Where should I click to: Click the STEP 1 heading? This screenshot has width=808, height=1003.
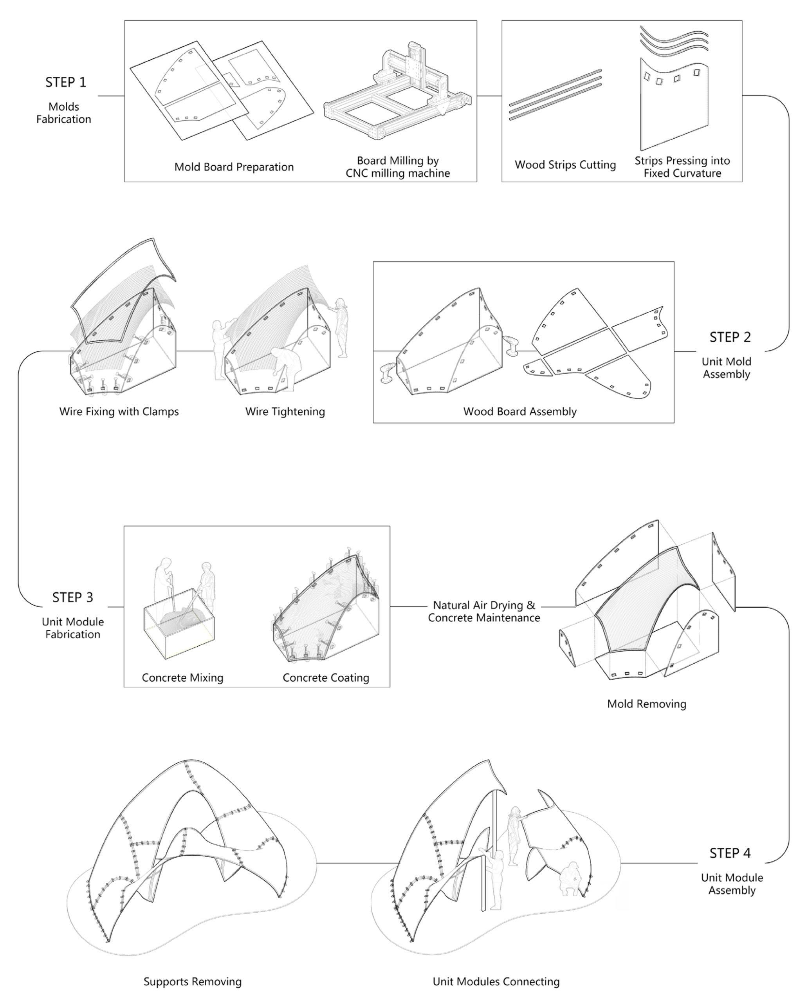(x=66, y=82)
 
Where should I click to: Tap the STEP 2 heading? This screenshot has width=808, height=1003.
(x=730, y=337)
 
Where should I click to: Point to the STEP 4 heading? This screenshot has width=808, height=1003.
(x=730, y=853)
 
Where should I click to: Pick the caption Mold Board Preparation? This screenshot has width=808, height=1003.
(x=234, y=167)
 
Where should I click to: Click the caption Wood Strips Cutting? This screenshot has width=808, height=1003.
(x=565, y=165)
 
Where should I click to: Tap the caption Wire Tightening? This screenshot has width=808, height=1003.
(x=285, y=411)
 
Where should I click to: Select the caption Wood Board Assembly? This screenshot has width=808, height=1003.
(x=519, y=411)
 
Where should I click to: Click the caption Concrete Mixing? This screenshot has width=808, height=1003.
(x=182, y=677)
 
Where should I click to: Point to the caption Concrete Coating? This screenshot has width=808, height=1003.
(x=326, y=677)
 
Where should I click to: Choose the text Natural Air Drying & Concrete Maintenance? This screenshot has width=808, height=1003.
(x=484, y=611)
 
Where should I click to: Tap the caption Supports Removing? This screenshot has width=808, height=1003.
(x=192, y=981)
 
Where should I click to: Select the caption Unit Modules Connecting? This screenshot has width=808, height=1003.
(x=496, y=981)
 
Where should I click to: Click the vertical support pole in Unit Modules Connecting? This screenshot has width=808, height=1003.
(x=483, y=857)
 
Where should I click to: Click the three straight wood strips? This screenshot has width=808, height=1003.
(x=555, y=95)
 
